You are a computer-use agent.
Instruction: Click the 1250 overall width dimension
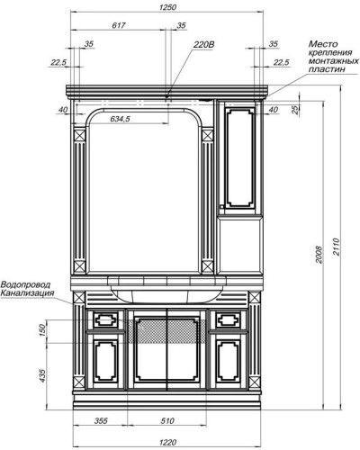click(x=168, y=8)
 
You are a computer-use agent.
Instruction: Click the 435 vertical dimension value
click(x=42, y=375)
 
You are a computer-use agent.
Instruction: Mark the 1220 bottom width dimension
click(x=167, y=441)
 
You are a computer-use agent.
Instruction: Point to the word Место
click(x=323, y=42)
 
